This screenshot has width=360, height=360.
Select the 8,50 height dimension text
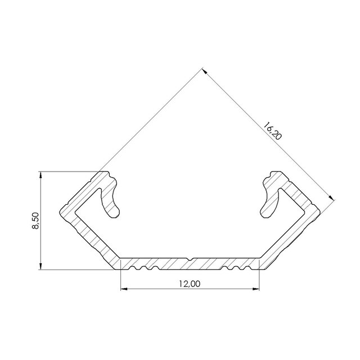(36, 220)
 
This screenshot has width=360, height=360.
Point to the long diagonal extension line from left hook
(152, 121)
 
